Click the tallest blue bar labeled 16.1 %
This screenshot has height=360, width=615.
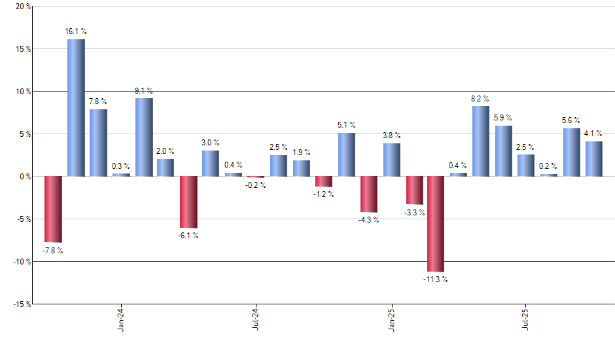tap(76, 108)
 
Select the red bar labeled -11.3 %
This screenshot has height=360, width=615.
tap(436, 224)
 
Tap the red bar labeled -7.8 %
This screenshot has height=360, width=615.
tap(53, 209)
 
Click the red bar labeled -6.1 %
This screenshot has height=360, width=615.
tap(188, 202)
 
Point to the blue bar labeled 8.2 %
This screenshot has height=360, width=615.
tap(481, 141)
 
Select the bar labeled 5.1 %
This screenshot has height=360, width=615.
tap(347, 154)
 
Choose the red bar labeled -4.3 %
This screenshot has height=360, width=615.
tap(368, 194)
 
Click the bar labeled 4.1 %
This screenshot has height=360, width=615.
tap(594, 159)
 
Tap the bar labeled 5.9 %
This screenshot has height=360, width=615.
tap(504, 151)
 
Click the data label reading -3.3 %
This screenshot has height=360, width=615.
tap(414, 213)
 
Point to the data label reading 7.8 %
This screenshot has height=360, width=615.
tap(99, 101)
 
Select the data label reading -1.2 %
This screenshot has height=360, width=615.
tap(323, 194)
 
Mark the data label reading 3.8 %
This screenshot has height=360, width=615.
tap(392, 135)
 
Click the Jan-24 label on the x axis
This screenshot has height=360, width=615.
tap(120, 321)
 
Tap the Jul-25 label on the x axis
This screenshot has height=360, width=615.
tap(526, 321)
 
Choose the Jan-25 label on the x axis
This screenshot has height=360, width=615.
tap(391, 321)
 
